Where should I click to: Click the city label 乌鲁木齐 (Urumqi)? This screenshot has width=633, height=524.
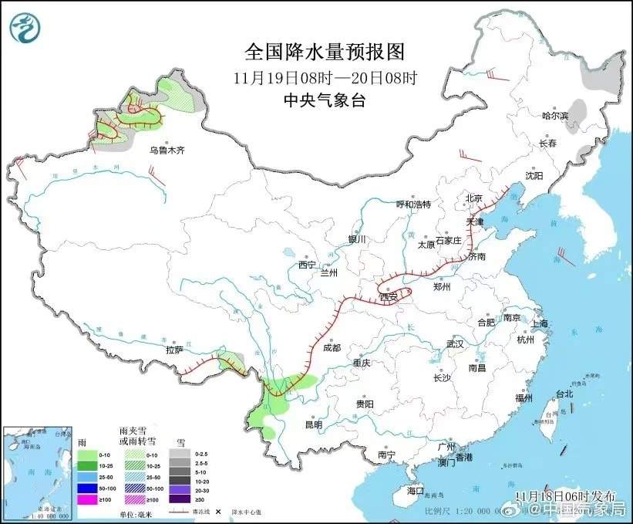point(167,150)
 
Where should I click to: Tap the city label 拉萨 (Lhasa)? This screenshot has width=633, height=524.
point(174,350)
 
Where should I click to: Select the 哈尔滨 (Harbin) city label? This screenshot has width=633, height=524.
point(554,116)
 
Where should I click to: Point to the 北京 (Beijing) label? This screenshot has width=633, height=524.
point(473,198)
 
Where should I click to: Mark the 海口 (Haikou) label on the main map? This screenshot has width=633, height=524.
point(416,490)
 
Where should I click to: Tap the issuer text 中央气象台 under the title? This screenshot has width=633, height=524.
point(323,99)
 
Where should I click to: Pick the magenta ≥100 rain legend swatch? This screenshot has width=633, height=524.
point(86,499)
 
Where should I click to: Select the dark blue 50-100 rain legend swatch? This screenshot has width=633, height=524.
point(86,489)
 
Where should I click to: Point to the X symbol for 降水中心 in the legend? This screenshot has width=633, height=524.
point(218,511)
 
